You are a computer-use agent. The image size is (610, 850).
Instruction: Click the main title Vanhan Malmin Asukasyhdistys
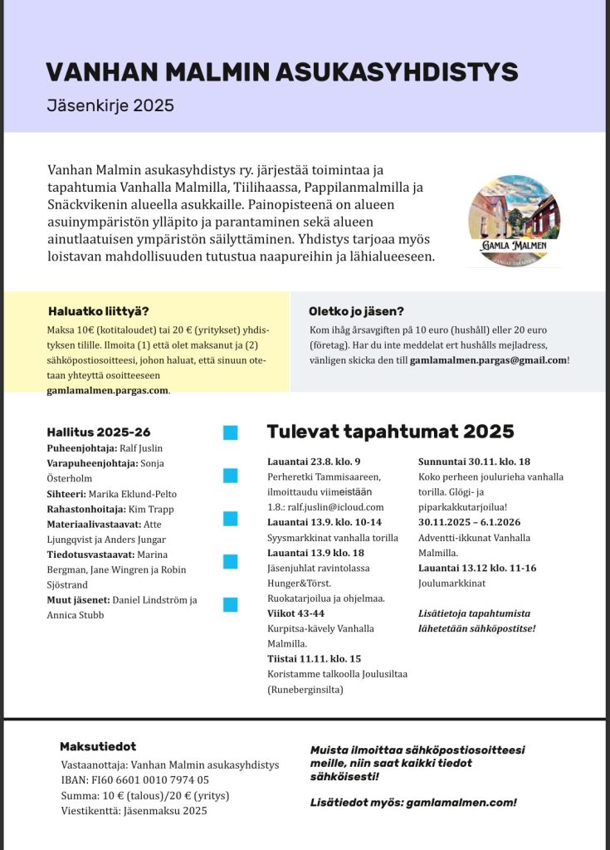(282, 72)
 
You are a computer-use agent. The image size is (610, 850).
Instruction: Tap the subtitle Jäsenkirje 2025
(110, 106)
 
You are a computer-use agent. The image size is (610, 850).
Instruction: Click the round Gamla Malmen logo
(514, 221)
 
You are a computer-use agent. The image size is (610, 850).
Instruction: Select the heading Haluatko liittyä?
(99, 312)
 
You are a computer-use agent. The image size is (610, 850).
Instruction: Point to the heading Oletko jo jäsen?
(356, 312)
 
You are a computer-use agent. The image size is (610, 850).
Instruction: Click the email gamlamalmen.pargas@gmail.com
(488, 360)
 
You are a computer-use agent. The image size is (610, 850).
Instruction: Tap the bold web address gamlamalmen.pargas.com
(107, 390)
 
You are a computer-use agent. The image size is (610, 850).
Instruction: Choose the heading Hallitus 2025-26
(99, 432)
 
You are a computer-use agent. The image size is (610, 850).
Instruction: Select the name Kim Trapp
(152, 509)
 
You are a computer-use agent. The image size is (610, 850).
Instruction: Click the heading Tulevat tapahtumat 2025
(390, 432)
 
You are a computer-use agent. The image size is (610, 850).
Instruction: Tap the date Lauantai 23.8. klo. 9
(314, 462)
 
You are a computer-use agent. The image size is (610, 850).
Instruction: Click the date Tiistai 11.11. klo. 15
(314, 659)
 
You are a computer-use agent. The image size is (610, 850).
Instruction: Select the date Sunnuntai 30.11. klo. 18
(474, 462)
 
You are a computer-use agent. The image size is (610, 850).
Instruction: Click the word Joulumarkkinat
(451, 584)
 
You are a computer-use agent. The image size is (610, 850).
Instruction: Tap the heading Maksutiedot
(98, 747)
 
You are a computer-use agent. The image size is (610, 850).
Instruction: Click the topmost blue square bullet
(231, 432)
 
